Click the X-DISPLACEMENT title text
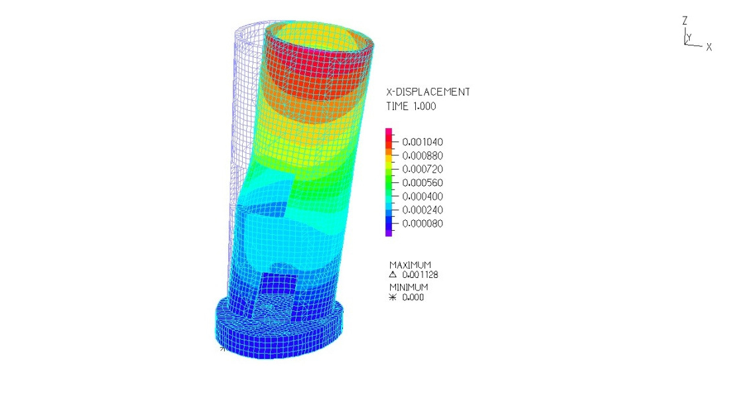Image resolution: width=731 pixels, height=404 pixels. tap(428, 92)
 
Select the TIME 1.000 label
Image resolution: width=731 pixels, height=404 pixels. tap(411, 106)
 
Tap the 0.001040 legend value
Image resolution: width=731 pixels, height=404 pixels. tap(423, 142)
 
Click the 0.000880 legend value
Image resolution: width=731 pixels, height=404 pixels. tap(423, 156)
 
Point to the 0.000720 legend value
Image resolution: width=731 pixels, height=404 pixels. tap(423, 169)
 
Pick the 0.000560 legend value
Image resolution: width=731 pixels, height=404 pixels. tap(423, 182)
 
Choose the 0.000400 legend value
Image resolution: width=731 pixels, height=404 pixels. tap(423, 196)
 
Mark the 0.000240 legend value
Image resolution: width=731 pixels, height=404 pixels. tap(423, 210)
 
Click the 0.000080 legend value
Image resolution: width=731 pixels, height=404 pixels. tap(423, 224)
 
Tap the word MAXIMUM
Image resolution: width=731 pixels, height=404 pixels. tap(410, 265)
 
